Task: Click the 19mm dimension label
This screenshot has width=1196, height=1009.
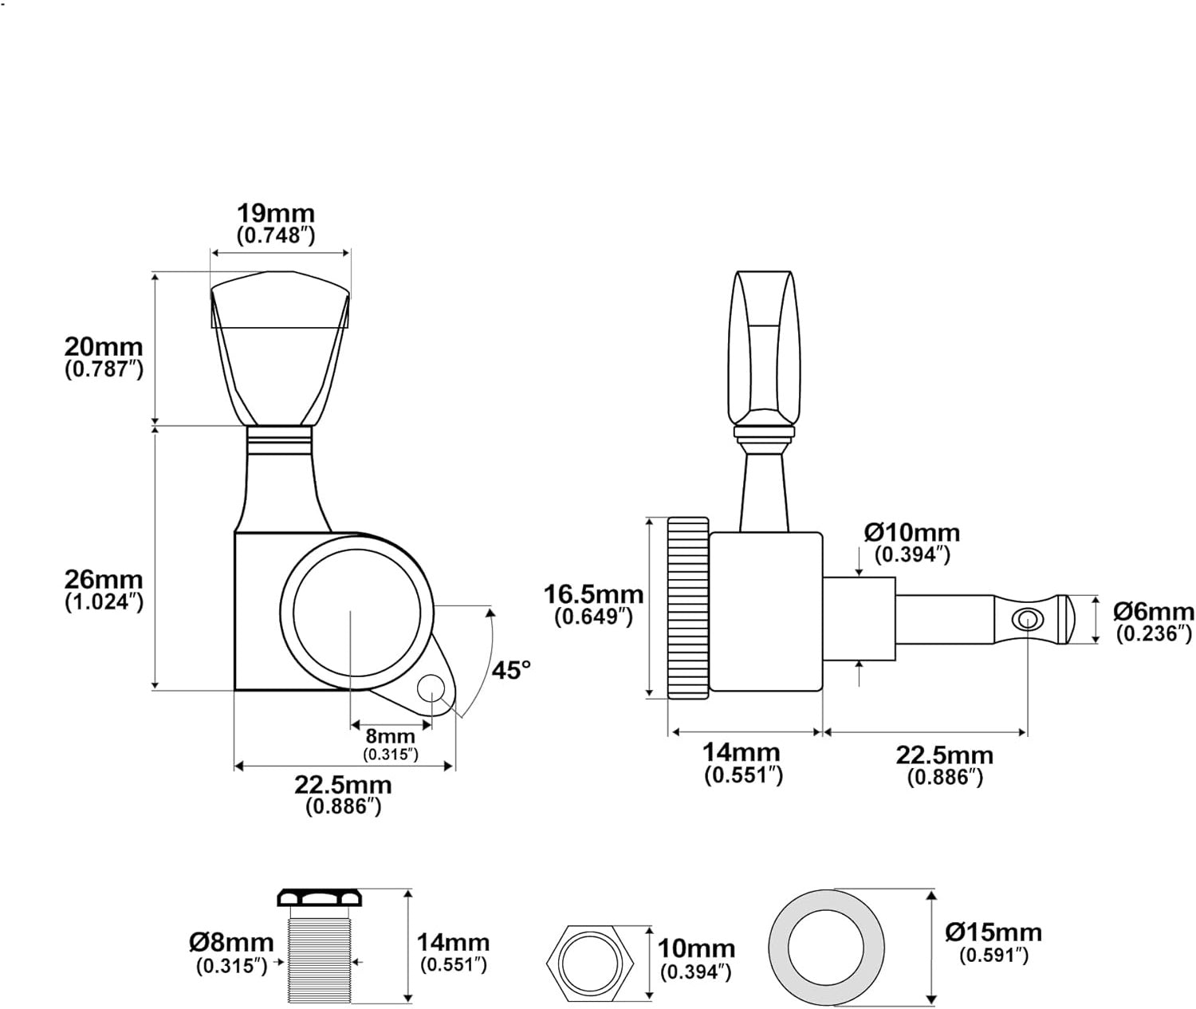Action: tap(276, 214)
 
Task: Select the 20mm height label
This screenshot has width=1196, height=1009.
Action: tap(104, 348)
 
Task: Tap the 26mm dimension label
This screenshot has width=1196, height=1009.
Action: tap(104, 580)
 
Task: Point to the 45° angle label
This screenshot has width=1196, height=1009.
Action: tap(510, 670)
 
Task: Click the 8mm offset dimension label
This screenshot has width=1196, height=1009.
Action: tap(391, 736)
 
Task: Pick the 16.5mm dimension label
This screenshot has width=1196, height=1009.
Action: tap(593, 594)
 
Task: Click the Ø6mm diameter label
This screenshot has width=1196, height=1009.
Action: tap(1154, 612)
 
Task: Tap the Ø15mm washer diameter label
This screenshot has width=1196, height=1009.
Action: tap(993, 932)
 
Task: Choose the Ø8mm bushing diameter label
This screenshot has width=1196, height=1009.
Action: tap(231, 943)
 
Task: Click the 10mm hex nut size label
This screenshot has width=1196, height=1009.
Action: tap(696, 949)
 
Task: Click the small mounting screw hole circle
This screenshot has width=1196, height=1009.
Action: tap(431, 684)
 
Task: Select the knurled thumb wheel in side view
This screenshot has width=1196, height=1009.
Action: tap(688, 608)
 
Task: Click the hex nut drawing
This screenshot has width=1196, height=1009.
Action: tap(592, 962)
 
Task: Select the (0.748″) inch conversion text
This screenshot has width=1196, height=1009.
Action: tap(277, 235)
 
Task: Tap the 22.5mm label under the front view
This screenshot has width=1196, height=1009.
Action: tap(343, 785)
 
